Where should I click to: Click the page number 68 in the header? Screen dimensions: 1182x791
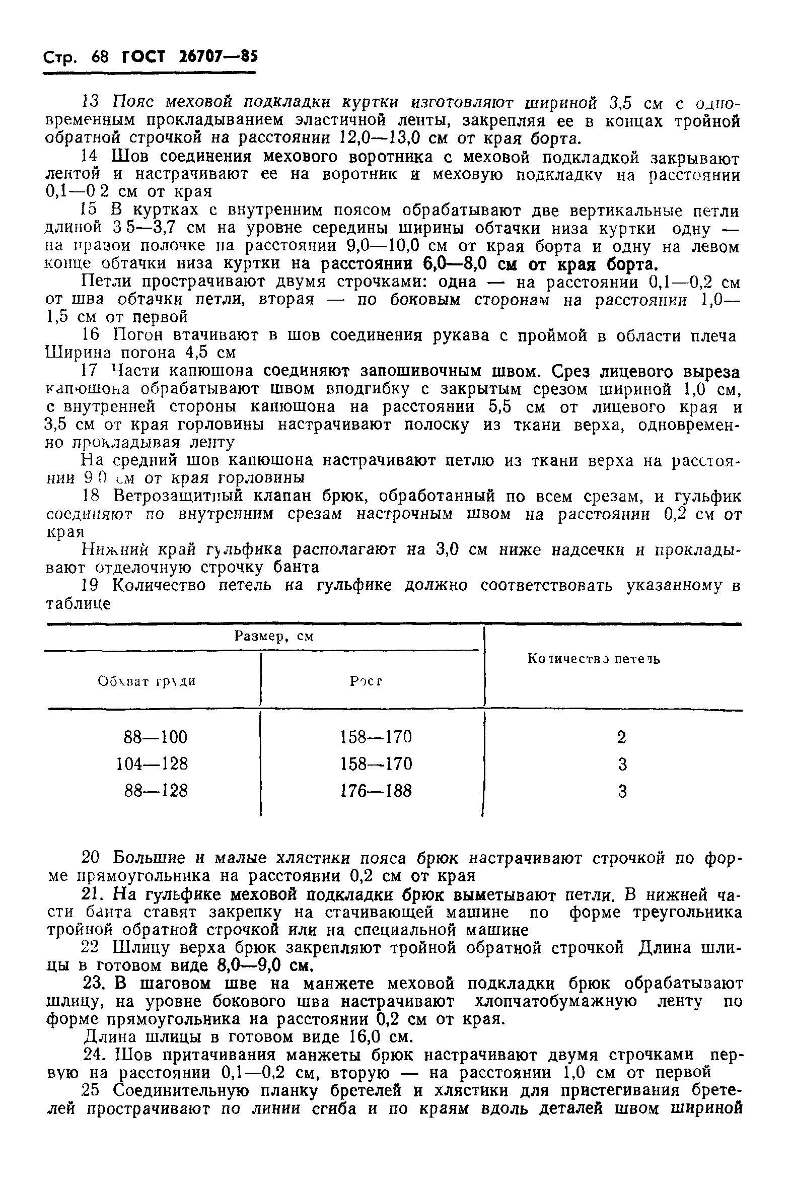pos(100,56)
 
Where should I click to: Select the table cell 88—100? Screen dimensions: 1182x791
pos(156,737)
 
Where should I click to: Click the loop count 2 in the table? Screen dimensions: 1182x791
pos(621,737)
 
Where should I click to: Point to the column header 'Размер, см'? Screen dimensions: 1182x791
pos(274,636)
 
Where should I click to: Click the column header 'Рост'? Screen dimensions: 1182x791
pos(366,681)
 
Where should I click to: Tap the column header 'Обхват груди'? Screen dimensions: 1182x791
pos(147,681)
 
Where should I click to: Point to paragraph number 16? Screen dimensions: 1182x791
pos(91,335)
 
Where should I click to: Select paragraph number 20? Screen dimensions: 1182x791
pos(92,857)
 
